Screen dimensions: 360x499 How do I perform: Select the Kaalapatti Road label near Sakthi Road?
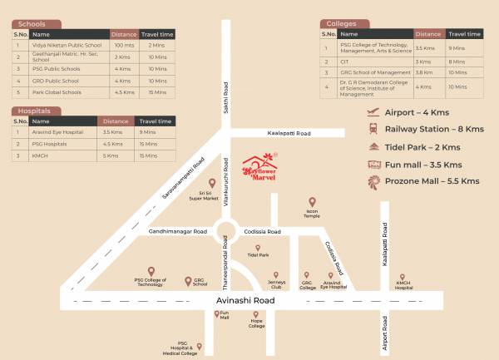click(289, 133)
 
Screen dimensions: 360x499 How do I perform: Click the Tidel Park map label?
click(258, 255)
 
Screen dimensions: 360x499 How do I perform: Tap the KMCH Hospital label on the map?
click(403, 284)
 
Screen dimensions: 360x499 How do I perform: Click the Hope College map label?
click(257, 326)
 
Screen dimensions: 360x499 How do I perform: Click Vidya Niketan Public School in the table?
click(67, 45)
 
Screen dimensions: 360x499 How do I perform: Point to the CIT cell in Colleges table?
click(344, 62)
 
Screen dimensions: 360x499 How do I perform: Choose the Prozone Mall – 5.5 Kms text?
click(432, 180)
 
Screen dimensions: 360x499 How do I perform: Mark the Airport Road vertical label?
click(384, 330)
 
